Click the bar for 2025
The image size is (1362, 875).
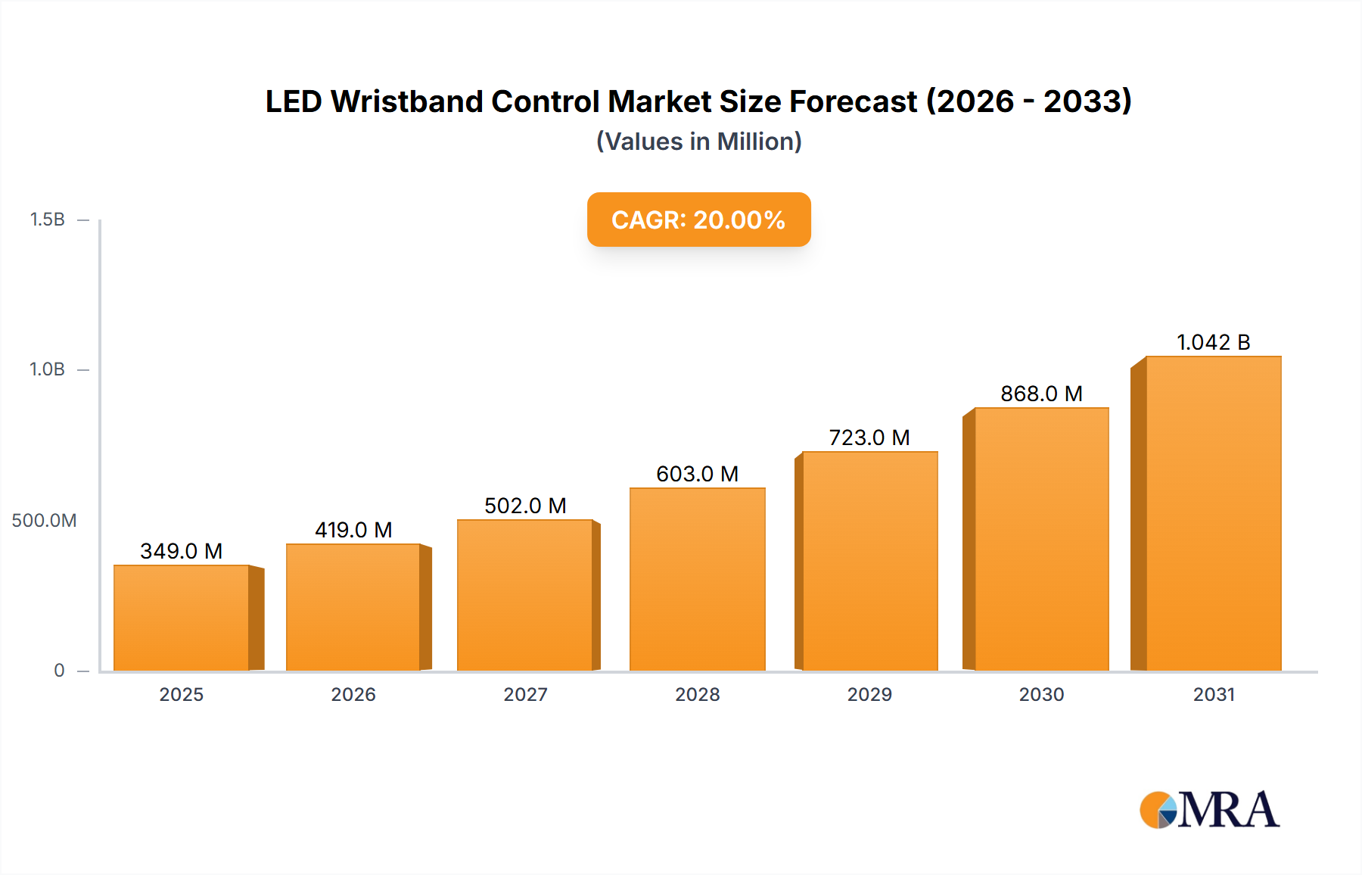click(182, 618)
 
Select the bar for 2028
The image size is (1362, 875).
click(697, 579)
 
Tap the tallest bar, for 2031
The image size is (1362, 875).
click(1213, 513)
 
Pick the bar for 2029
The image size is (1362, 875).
click(869, 561)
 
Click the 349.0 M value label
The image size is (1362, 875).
click(182, 551)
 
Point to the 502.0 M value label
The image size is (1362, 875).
click(525, 506)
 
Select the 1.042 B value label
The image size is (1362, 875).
click(1213, 342)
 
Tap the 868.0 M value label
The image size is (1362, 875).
click(1041, 394)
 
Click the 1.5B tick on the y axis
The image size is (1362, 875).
click(47, 220)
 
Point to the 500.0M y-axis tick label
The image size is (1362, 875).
click(44, 521)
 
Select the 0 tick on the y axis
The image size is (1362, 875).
click(59, 671)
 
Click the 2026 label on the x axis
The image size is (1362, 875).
click(353, 695)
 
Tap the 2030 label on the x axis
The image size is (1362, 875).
click(1041, 695)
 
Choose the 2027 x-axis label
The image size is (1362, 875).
click(525, 695)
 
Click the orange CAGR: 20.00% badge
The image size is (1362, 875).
click(698, 220)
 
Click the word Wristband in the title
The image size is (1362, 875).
click(406, 101)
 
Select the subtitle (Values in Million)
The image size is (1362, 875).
click(698, 142)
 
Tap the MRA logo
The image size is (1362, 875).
click(1209, 810)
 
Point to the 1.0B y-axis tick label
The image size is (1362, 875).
click(47, 369)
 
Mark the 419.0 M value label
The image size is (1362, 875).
click(353, 530)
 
